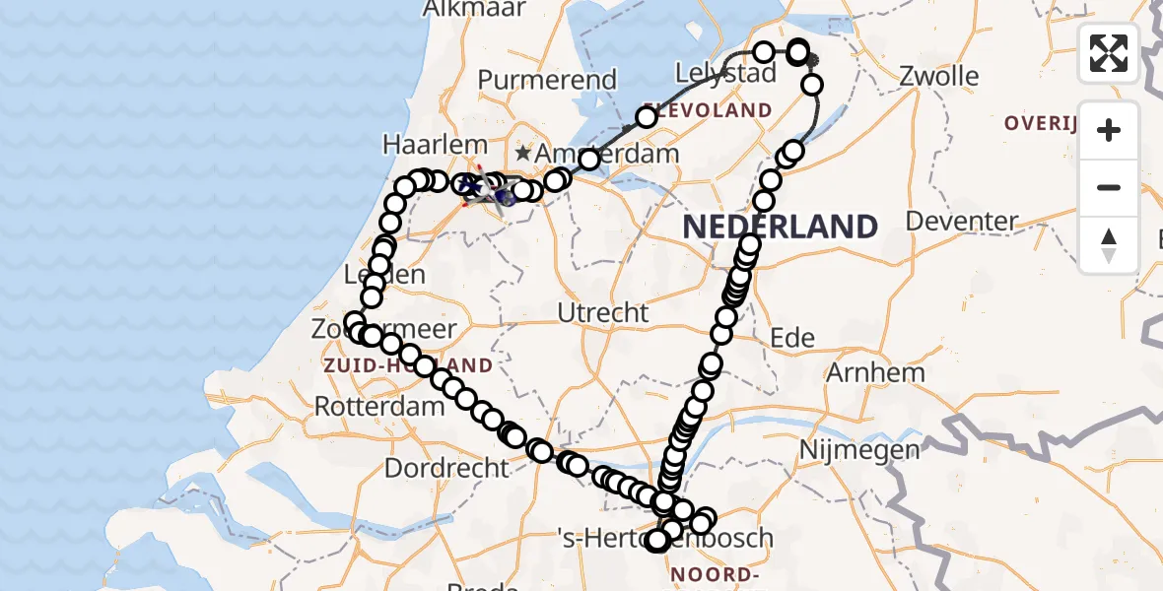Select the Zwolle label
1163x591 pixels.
click(939, 77)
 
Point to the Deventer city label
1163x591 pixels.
click(961, 221)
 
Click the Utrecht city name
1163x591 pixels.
click(603, 313)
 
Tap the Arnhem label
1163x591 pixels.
click(875, 373)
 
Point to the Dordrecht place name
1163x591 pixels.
click(446, 468)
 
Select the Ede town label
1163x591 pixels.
click(792, 339)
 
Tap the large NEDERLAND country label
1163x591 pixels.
click(780, 227)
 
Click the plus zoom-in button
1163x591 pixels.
click(1109, 130)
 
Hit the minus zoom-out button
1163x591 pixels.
click(1109, 187)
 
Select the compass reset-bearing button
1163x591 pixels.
click(1109, 244)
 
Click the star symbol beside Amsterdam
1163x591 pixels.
click(521, 155)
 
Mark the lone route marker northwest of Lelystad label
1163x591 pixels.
click(646, 118)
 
